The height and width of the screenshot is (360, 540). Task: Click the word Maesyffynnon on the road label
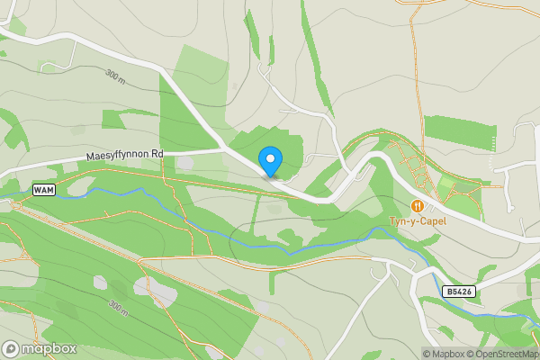pyautogui.click(x=117, y=156)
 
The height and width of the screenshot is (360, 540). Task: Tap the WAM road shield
pyautogui.click(x=43, y=190)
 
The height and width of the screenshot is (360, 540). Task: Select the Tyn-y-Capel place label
pyautogui.click(x=417, y=220)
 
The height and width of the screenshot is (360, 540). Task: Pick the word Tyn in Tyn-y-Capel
pyautogui.click(x=398, y=220)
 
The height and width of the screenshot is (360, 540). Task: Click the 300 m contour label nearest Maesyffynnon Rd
pyautogui.click(x=114, y=76)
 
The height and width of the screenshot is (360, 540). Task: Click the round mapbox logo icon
pyautogui.click(x=12, y=348)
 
